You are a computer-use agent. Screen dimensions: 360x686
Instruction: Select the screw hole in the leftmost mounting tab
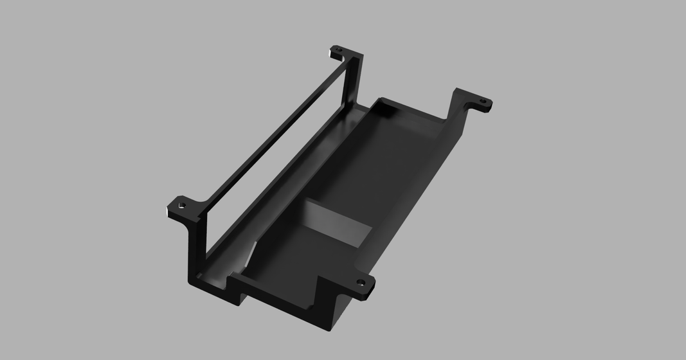click(x=183, y=205)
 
